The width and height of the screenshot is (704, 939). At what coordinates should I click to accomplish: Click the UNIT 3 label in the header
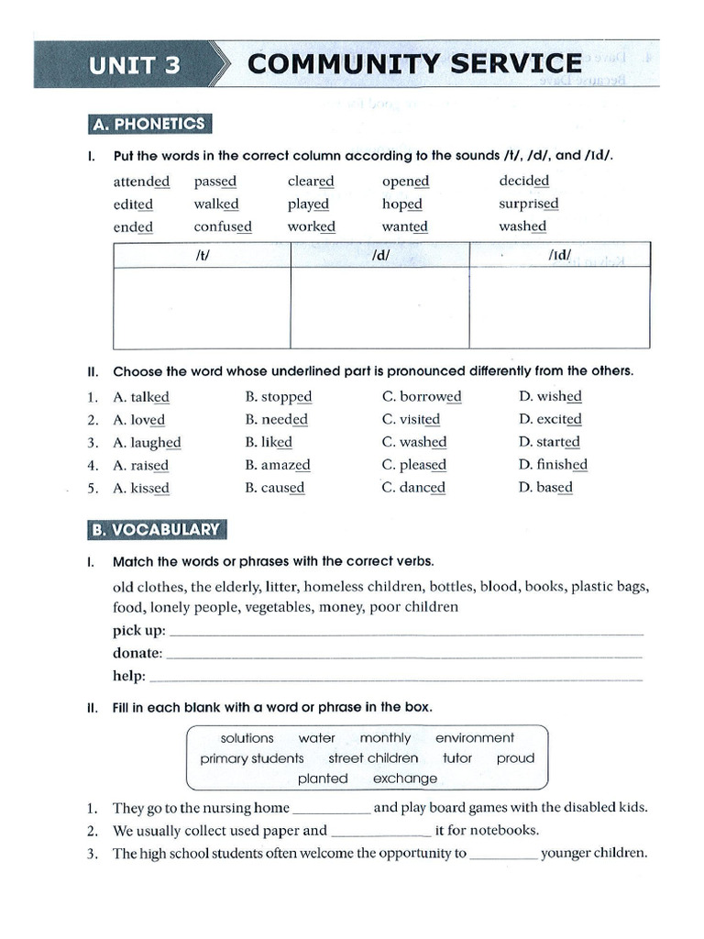pyautogui.click(x=134, y=65)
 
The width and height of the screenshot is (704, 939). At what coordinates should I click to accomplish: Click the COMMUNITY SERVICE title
pyautogui.click(x=414, y=64)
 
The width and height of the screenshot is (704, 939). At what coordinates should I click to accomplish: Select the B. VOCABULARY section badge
pyautogui.click(x=155, y=529)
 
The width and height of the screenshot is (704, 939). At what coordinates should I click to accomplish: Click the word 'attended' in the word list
pyautogui.click(x=141, y=182)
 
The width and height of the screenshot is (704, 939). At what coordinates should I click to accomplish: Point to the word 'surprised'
pyautogui.click(x=528, y=204)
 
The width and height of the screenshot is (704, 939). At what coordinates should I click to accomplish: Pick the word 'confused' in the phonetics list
pyautogui.click(x=222, y=226)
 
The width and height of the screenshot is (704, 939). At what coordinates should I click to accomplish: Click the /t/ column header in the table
pyautogui.click(x=203, y=256)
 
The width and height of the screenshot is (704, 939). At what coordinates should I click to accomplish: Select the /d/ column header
pyautogui.click(x=380, y=256)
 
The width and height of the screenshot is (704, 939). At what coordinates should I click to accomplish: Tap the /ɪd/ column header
pyautogui.click(x=559, y=256)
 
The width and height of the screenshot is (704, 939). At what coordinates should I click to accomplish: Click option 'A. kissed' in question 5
pyautogui.click(x=140, y=488)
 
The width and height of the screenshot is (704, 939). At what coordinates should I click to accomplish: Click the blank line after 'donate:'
pyautogui.click(x=403, y=655)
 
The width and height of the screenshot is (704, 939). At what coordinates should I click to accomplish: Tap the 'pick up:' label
pyautogui.click(x=139, y=631)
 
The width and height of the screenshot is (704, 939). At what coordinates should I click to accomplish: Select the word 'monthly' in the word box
pyautogui.click(x=385, y=738)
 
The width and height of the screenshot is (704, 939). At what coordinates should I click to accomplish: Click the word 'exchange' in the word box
pyautogui.click(x=405, y=779)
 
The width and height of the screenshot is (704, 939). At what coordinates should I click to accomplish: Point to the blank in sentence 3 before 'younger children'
pyautogui.click(x=503, y=854)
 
